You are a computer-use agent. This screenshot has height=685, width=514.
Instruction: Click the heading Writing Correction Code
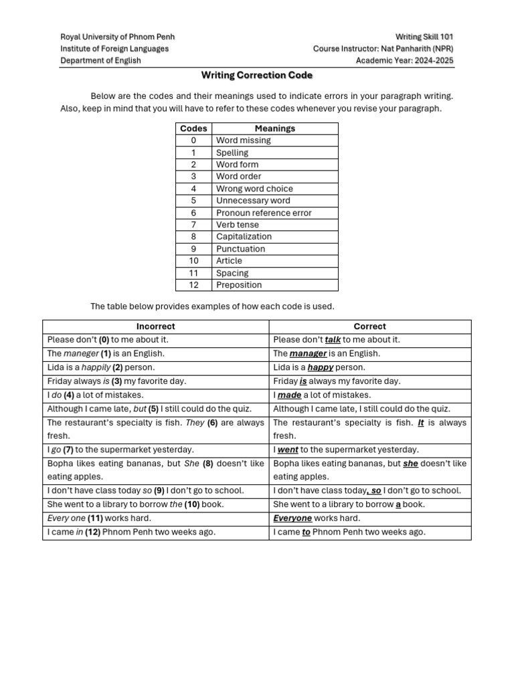coord(257,76)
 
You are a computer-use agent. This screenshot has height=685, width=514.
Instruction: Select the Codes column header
coord(193,128)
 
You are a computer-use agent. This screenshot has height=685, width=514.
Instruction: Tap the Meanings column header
coord(274,128)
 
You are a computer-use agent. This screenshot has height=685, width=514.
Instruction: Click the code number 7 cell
coord(193,225)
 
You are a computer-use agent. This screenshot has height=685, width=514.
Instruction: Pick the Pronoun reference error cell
coord(264,213)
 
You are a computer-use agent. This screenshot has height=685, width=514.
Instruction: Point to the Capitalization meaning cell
coord(244,237)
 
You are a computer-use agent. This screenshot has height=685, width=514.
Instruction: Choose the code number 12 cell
coord(193,285)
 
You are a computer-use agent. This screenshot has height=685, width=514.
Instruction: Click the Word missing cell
coord(244,140)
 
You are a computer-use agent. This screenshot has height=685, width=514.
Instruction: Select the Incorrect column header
coord(155,326)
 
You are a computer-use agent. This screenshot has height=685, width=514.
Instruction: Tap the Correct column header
coord(369,326)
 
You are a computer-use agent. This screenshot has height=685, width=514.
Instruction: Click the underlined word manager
coord(308,354)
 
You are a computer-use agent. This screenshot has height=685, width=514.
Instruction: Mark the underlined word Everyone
coord(292,518)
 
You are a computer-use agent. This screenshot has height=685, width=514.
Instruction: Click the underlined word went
coord(287,450)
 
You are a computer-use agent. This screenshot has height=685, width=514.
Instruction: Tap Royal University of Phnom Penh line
coord(117,37)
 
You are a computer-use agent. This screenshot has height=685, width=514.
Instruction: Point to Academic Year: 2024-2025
coord(404,61)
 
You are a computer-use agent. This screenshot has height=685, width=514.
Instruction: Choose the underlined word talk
coord(333,340)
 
